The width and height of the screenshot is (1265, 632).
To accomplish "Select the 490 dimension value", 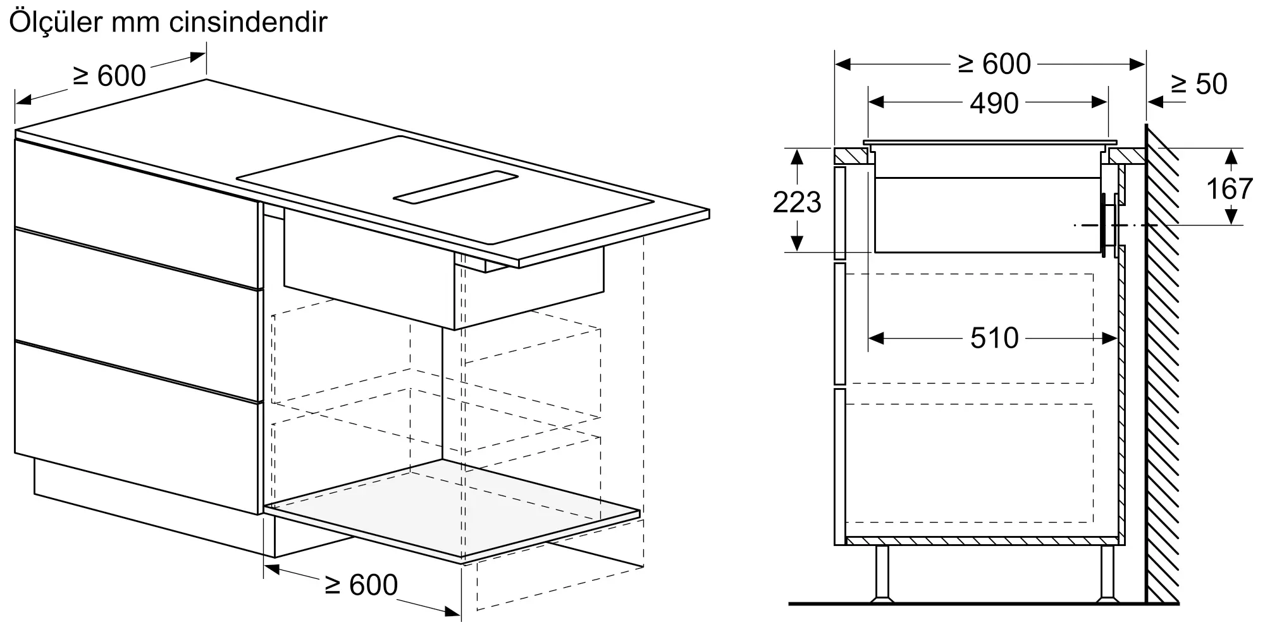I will [x=994, y=103].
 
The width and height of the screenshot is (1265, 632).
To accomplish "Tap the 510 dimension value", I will [x=994, y=338].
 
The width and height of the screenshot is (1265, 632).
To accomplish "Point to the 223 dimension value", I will [x=796, y=202].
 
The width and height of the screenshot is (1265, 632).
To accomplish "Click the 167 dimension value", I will [x=1229, y=188].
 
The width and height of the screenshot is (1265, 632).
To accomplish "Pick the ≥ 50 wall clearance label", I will [x=1199, y=84].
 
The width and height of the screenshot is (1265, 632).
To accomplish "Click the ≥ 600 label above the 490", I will [x=994, y=64].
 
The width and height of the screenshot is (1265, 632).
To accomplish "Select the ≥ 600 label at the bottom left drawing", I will [x=361, y=585].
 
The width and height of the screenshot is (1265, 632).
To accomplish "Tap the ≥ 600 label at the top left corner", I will [x=110, y=76].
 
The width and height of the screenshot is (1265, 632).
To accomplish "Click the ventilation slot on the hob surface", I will [x=455, y=188].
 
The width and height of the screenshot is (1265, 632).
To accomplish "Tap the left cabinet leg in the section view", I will [x=881, y=572].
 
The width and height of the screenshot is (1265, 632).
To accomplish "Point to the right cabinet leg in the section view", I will [x=1107, y=572].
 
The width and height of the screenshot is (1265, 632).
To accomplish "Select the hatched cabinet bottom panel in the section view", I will [x=980, y=541].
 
